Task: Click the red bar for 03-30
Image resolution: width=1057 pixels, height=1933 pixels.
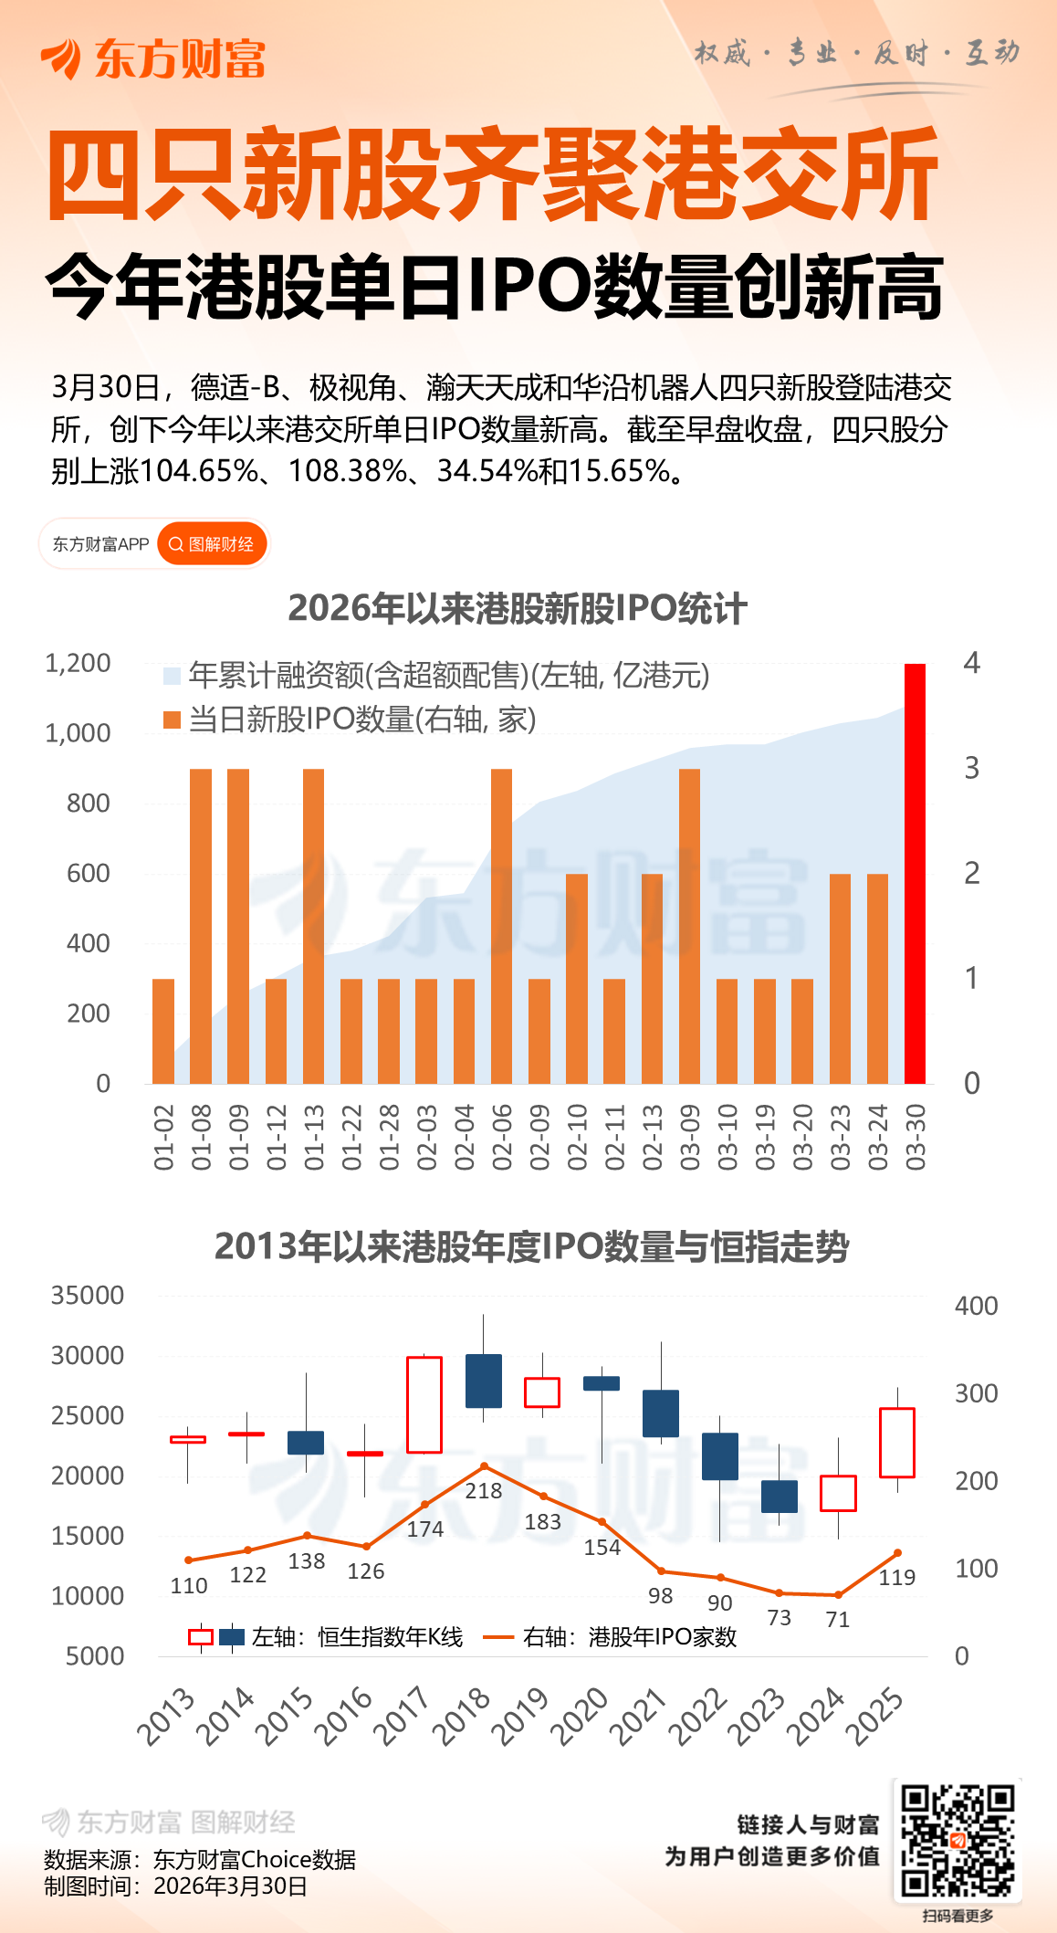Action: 915,873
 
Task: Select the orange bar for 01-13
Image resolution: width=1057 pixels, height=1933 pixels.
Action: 313,926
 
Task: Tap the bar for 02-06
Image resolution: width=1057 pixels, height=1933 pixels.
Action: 501,926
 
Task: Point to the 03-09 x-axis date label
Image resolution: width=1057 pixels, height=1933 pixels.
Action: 690,1138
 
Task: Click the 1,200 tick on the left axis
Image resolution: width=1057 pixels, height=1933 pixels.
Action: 78,663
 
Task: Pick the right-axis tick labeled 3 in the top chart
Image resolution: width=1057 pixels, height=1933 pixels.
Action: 972,768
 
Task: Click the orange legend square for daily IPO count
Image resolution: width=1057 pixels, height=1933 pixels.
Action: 172,720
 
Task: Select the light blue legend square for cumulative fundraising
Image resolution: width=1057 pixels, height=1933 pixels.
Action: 172,676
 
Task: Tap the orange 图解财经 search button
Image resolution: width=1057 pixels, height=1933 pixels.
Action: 213,544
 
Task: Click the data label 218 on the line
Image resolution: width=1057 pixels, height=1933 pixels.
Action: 484,1491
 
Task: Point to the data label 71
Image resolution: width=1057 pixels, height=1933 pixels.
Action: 838,1620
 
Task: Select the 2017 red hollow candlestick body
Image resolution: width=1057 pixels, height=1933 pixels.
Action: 424,1404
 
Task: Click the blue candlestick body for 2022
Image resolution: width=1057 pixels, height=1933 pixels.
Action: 720,1456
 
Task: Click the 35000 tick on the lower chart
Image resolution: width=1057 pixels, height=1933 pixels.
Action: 88,1296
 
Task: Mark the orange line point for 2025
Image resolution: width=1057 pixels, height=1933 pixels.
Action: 898,1552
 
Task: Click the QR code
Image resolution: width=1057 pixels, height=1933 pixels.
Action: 958,1840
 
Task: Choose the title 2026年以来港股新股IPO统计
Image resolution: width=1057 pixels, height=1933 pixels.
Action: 518,609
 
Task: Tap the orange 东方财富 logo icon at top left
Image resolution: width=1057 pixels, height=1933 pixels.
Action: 62,59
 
